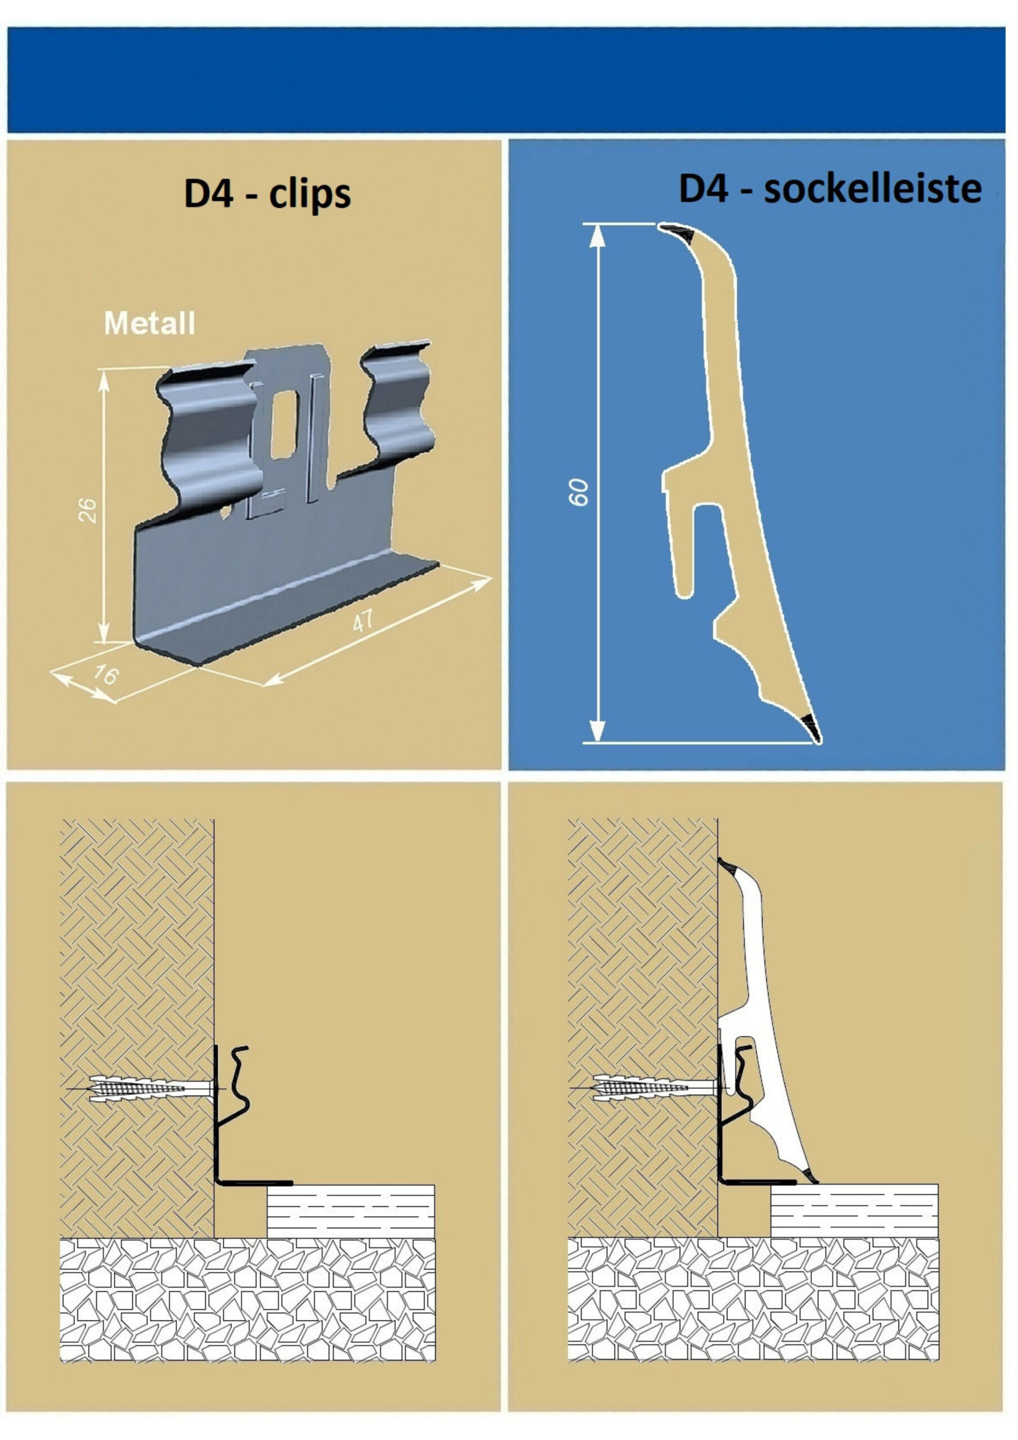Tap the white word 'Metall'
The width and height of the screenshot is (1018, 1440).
coord(149,323)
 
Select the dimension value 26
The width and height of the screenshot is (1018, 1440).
coord(89,510)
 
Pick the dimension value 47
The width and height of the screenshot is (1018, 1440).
coord(363,621)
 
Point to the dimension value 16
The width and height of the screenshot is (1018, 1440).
coord(105,675)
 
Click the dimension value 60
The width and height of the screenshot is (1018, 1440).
coord(578,492)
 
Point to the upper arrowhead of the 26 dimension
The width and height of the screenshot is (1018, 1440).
coord(104,381)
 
